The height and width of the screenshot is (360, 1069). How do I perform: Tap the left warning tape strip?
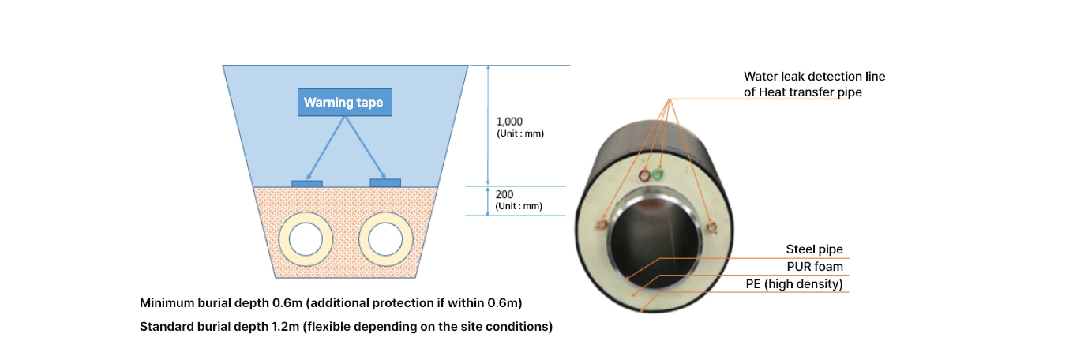click(307, 183)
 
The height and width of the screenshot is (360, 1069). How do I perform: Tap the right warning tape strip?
click(385, 182)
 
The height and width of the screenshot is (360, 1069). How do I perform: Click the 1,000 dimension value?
click(509, 122)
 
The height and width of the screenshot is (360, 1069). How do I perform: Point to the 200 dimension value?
click(504, 193)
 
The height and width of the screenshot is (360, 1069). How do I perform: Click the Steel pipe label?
click(814, 249)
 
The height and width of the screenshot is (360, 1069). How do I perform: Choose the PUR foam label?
click(814, 267)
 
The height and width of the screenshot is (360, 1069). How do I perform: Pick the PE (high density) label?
click(794, 283)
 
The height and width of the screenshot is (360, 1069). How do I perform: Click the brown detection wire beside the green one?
click(644, 176)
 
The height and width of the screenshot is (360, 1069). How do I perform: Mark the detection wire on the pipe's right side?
click(713, 228)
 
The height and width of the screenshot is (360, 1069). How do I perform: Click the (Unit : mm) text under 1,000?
click(519, 134)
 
